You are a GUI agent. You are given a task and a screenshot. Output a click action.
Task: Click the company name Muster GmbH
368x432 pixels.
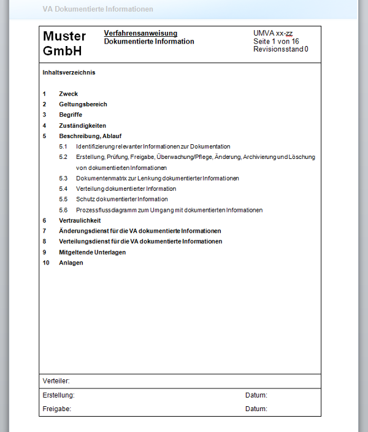pyautogui.click(x=64, y=44)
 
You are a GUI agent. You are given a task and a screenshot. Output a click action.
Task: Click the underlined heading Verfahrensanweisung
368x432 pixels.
pyautogui.click(x=140, y=33)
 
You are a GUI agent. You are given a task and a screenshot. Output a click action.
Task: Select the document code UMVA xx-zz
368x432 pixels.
pyautogui.click(x=273, y=33)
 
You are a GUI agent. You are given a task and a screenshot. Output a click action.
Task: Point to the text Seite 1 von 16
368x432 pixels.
pyautogui.click(x=276, y=41)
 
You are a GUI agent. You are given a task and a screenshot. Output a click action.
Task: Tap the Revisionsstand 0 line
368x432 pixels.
pyautogui.click(x=280, y=49)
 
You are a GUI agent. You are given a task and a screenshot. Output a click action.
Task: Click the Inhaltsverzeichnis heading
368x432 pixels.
pyautogui.click(x=69, y=72)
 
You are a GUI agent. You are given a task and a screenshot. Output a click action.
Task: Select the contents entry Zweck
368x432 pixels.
pyautogui.click(x=68, y=94)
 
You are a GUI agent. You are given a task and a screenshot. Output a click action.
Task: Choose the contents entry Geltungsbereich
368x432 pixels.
pyautogui.click(x=83, y=104)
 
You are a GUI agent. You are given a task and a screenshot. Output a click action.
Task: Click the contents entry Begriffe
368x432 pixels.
pyautogui.click(x=71, y=115)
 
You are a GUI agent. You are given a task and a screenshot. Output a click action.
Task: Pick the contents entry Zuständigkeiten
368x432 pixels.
pyautogui.click(x=82, y=125)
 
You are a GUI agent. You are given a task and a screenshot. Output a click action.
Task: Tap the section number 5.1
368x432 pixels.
pyautogui.click(x=63, y=147)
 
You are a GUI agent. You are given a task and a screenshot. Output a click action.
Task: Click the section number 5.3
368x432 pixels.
pyautogui.click(x=63, y=178)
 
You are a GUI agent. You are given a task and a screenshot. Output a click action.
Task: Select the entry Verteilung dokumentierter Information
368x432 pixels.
pyautogui.click(x=126, y=189)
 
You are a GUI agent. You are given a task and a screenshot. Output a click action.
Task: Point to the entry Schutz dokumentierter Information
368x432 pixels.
pyautogui.click(x=121, y=199)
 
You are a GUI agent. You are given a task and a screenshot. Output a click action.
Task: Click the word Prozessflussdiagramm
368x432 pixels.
pyautogui.click(x=105, y=210)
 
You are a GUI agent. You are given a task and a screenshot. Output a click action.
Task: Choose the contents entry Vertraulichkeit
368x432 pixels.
pyautogui.click(x=80, y=220)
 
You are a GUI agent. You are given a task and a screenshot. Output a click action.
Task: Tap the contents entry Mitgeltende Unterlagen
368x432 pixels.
pyautogui.click(x=92, y=252)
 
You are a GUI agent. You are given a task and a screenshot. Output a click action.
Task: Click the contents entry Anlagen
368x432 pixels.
pyautogui.click(x=71, y=263)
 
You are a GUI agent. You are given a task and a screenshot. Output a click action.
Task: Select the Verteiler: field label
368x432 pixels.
pyautogui.click(x=56, y=381)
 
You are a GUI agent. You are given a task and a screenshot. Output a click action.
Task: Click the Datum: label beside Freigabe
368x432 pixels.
pyautogui.click(x=256, y=409)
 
